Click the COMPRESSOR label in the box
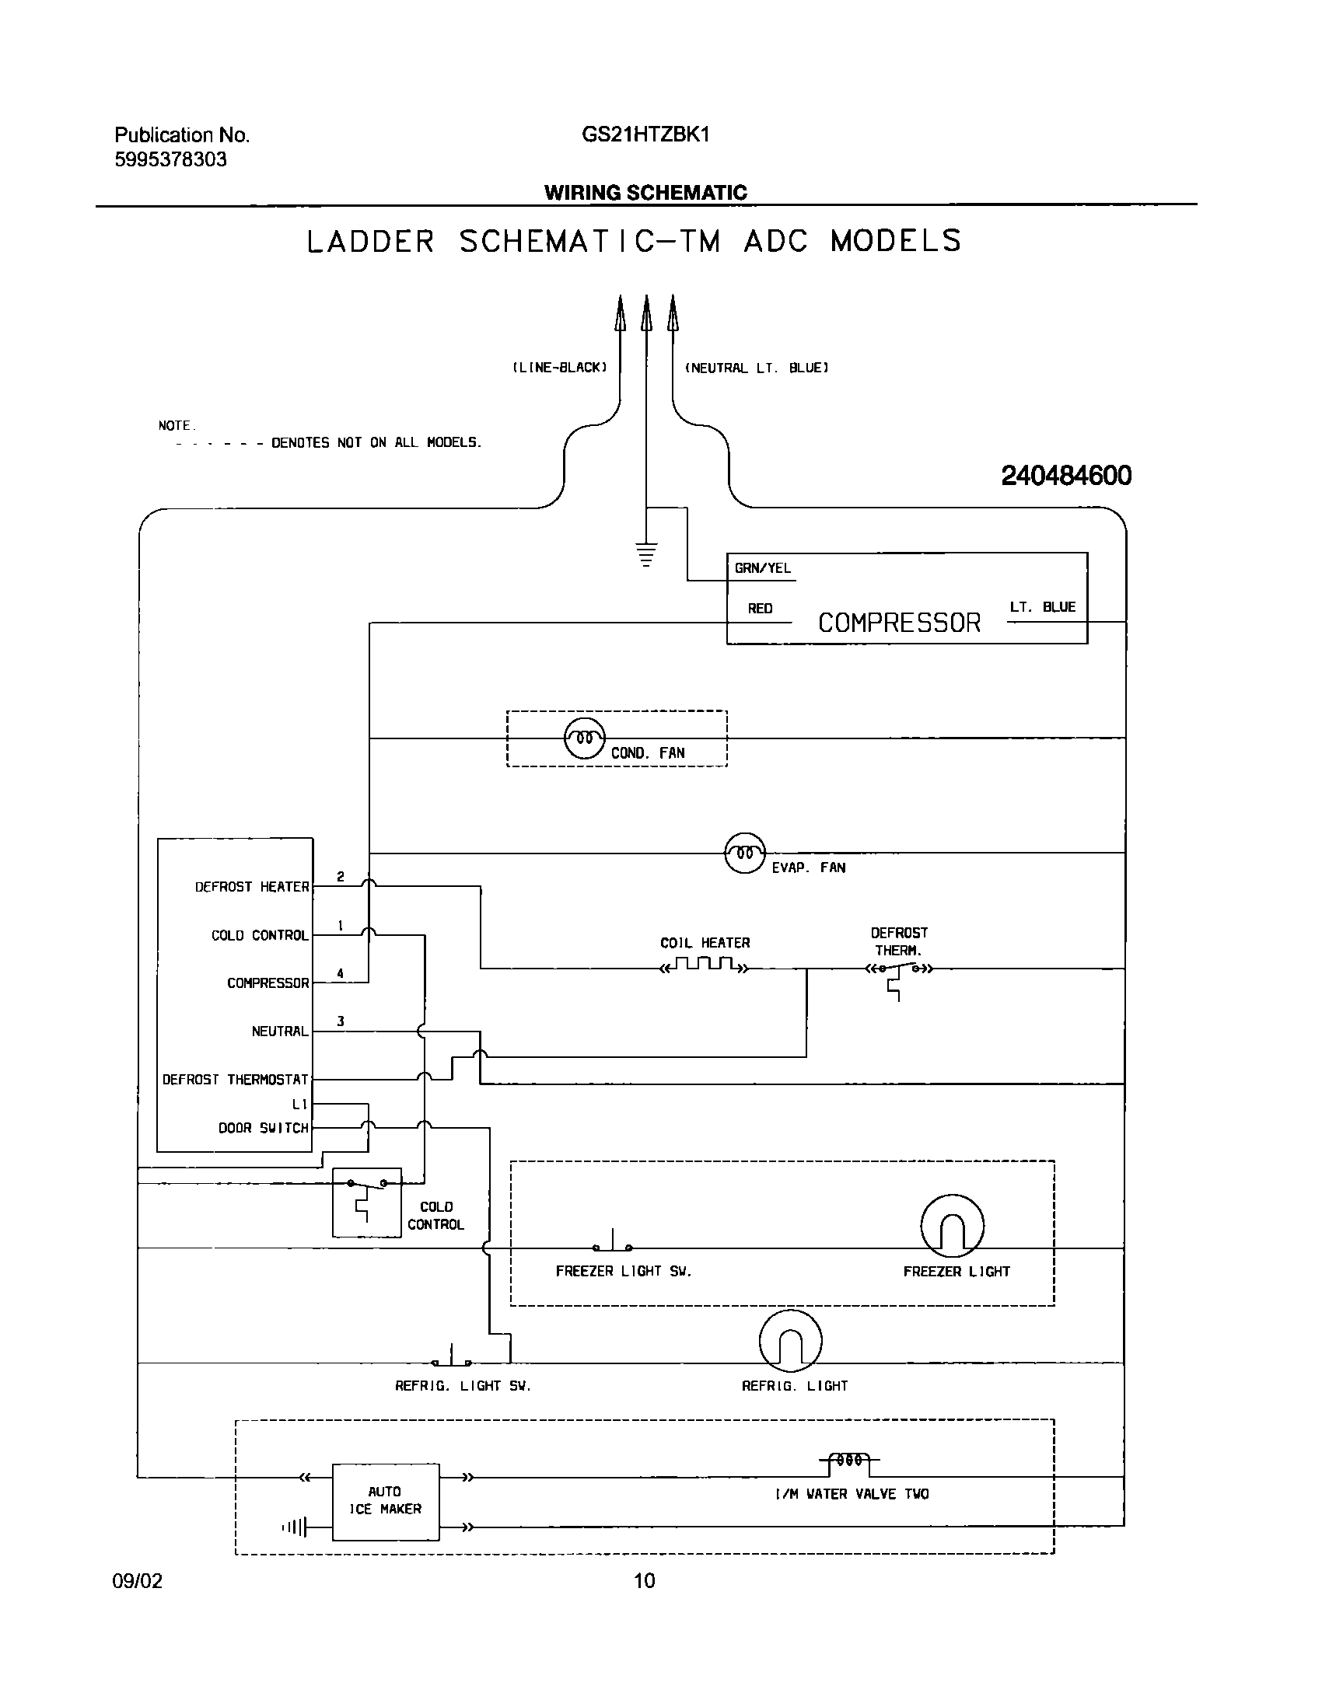899,623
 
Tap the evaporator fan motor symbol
745,853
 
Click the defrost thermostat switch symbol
899,972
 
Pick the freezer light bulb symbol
952,1226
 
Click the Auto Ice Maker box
385,1501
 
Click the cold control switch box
366,1202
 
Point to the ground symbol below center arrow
646,555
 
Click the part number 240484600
1066,476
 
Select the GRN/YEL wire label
762,568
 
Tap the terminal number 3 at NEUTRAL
341,1021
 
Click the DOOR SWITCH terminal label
263,1128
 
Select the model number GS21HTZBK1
645,135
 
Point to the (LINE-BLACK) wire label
559,368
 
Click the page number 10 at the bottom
645,1580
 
